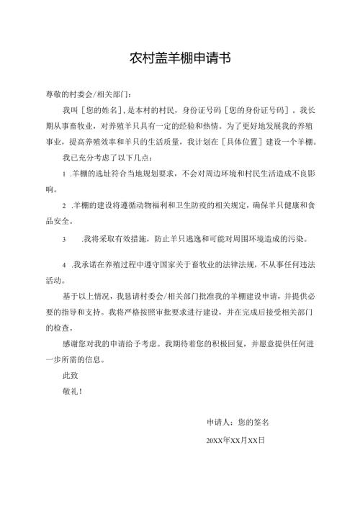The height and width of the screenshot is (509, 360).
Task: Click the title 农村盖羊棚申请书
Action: tap(180, 58)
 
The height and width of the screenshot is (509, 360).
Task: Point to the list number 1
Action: tap(66, 174)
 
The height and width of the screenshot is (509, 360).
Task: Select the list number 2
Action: tap(66, 205)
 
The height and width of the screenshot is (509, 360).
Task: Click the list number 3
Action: tap(66, 238)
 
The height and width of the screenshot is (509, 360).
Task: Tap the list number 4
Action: tap(66, 264)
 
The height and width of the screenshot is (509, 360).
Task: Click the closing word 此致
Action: tap(72, 374)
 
